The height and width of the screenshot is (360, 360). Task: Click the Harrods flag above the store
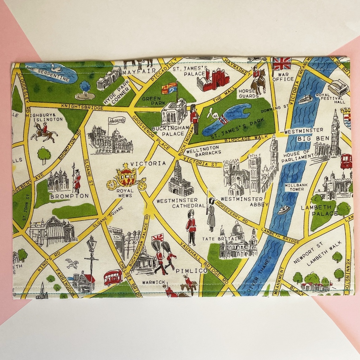117,120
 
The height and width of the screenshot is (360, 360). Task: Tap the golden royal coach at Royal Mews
126,177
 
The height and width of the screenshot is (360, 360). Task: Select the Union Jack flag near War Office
282,64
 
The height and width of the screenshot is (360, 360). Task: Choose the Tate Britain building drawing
238,241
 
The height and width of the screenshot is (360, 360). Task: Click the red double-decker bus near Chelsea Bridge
113,277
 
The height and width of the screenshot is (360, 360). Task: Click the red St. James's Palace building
213,80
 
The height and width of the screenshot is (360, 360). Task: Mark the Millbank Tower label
294,187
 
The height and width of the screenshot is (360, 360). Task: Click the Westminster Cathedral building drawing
180,180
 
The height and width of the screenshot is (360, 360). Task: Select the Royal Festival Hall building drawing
338,87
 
